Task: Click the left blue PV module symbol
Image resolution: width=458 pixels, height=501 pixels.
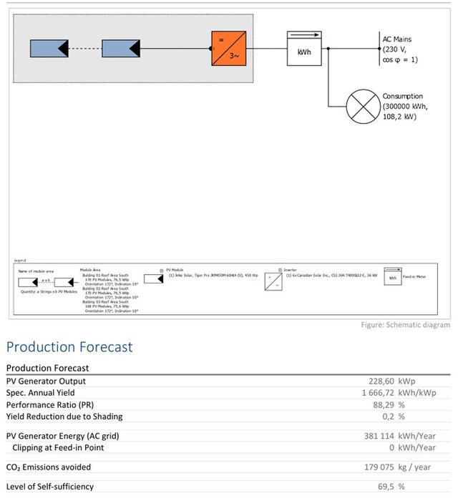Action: (49, 49)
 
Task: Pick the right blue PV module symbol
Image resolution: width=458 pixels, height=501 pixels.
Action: (121, 49)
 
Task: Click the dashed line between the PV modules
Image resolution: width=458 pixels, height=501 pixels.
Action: (85, 49)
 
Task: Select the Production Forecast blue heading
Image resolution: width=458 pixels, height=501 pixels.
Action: (69, 347)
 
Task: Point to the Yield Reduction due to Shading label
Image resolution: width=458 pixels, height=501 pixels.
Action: (64, 417)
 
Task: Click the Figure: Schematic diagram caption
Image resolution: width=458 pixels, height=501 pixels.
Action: (405, 326)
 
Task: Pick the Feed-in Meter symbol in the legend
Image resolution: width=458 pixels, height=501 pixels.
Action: (392, 277)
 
